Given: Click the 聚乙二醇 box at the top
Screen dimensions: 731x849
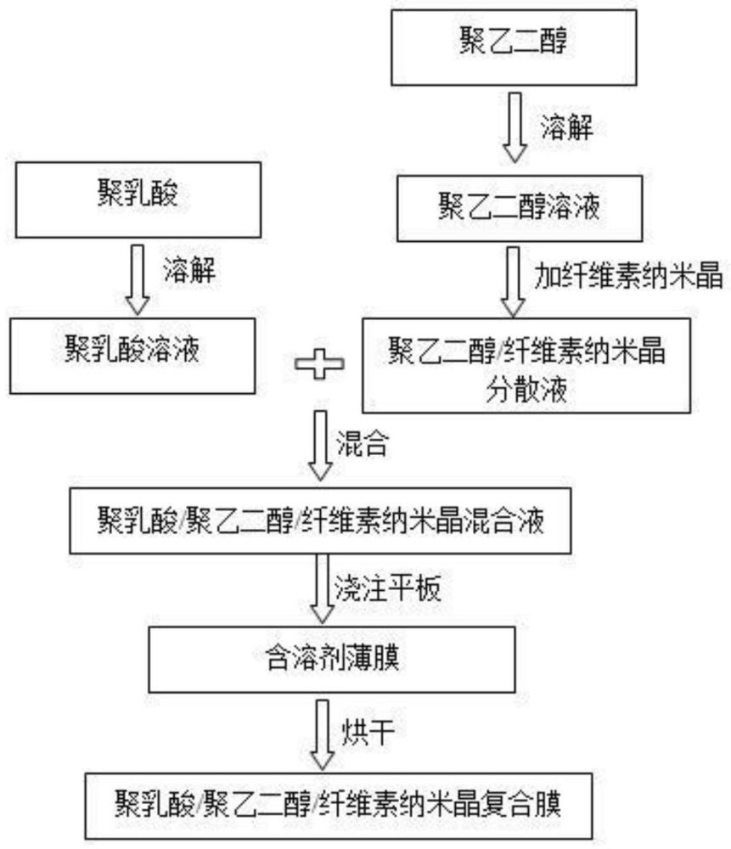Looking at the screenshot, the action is click(x=514, y=47).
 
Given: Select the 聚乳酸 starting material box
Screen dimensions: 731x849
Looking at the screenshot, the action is click(x=138, y=200).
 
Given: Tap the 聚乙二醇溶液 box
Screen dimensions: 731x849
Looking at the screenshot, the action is click(x=520, y=208).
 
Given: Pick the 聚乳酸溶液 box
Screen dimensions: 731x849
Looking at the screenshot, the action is click(x=132, y=356).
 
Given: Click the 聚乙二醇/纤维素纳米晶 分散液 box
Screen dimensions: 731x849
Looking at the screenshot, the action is click(x=526, y=365).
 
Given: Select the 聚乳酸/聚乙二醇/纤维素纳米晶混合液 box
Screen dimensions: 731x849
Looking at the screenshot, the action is click(x=320, y=520).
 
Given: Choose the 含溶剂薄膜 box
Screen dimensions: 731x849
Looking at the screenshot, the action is click(x=332, y=660).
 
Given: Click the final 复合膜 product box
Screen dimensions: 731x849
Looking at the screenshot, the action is click(x=339, y=806).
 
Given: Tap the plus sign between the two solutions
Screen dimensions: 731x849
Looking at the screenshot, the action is click(x=319, y=364).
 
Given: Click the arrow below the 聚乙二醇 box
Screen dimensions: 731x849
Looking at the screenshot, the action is click(x=515, y=127).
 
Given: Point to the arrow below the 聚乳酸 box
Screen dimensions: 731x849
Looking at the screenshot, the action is click(x=138, y=279).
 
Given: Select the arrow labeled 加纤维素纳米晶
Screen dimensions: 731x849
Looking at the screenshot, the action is click(x=513, y=282).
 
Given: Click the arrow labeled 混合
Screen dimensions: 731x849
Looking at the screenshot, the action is click(x=320, y=446).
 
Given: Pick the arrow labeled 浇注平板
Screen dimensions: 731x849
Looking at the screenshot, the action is click(x=322, y=588).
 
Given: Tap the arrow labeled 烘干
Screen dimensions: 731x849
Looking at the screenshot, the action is click(x=322, y=734).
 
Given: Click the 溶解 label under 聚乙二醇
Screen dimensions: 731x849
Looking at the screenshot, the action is click(x=566, y=128).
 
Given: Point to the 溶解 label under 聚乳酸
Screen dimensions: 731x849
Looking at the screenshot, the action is click(x=189, y=270).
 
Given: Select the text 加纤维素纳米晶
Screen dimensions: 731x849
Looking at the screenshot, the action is click(x=628, y=276).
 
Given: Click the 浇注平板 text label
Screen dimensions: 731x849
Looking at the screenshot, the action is click(x=388, y=588).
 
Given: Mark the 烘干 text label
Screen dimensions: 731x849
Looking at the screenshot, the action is click(x=368, y=733).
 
